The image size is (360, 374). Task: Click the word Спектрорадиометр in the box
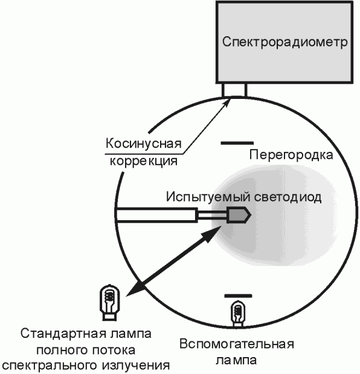[284, 42]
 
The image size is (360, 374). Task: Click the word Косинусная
[144, 144]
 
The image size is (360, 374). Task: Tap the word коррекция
[144, 161]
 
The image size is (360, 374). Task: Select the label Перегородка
[291, 155]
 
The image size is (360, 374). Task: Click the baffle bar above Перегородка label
[237, 143]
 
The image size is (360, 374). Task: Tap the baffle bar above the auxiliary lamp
[238, 296]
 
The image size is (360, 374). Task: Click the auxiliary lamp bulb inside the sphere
[238, 313]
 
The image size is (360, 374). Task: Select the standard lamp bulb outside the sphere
[110, 302]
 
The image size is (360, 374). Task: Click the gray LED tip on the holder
[239, 215]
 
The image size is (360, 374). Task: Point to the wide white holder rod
[156, 215]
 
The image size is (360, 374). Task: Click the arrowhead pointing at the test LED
[211, 234]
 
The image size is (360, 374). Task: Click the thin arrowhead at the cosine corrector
[227, 102]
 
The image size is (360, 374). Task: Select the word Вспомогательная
[237, 344]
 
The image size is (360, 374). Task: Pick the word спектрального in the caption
[51, 366]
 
